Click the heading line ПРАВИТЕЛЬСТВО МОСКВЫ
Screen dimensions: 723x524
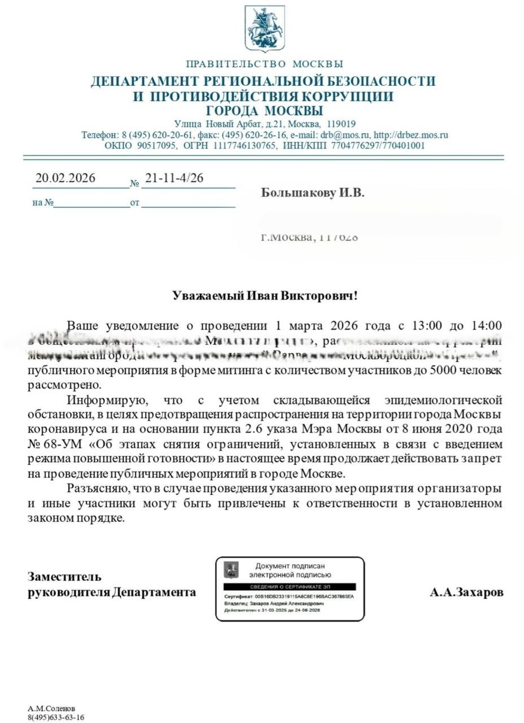pos(264,64)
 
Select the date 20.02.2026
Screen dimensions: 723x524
pos(65,178)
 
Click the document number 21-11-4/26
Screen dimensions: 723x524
pos(174,178)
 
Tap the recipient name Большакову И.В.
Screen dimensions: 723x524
pos(313,193)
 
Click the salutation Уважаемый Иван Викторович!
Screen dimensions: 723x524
pos(265,296)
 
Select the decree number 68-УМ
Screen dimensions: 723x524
pos(62,445)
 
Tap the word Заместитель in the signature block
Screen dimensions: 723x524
pos(65,577)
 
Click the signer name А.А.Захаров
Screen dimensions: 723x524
pos(466,593)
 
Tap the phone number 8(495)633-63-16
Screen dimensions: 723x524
pos(56,717)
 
